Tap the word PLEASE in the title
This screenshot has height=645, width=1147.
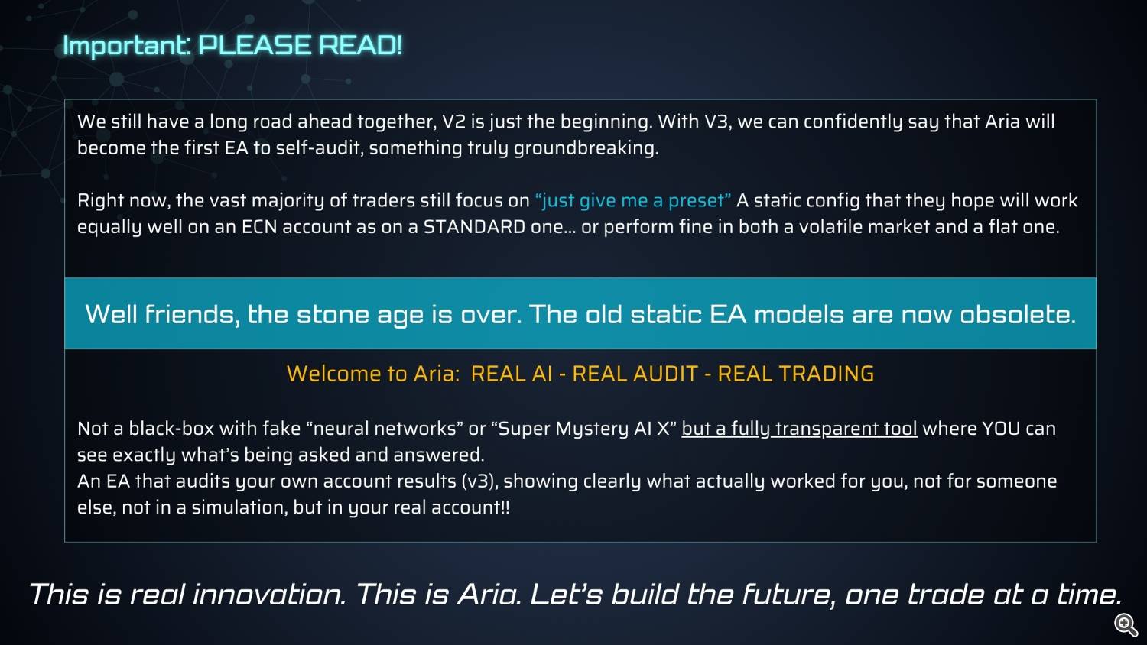click(254, 45)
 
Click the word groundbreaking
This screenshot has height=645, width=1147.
click(586, 148)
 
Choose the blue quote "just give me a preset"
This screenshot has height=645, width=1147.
click(633, 201)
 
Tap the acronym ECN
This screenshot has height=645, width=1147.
click(259, 227)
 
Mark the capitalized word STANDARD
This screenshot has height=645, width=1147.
click(474, 227)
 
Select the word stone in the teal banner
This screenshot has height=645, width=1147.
click(333, 314)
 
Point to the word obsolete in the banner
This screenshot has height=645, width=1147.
click(1018, 314)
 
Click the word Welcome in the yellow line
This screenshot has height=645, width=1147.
click(333, 374)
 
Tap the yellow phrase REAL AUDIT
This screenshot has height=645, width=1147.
click(635, 374)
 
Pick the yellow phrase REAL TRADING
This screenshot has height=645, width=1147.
click(796, 374)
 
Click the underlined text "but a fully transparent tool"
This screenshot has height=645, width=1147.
click(799, 429)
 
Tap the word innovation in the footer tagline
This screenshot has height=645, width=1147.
click(269, 595)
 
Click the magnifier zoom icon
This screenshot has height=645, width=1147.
click(1126, 624)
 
